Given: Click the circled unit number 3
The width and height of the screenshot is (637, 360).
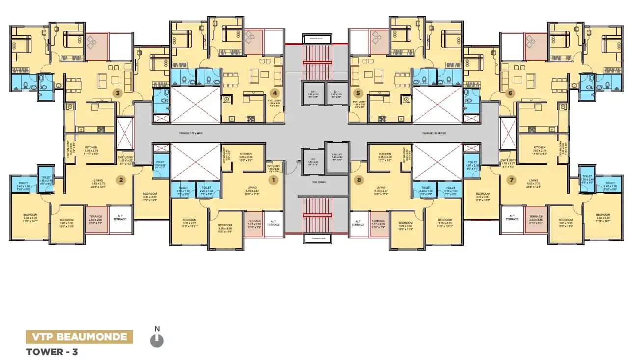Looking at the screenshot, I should click(x=117, y=92).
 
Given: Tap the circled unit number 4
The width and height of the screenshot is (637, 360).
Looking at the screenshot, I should click(x=275, y=93).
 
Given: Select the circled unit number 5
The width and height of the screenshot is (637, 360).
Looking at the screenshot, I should click(x=358, y=93).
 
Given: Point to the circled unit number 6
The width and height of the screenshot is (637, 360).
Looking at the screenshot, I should click(x=510, y=93).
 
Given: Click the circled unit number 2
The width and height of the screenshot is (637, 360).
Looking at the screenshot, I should click(x=120, y=180).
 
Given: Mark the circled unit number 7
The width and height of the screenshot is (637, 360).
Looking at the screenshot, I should click(x=512, y=180).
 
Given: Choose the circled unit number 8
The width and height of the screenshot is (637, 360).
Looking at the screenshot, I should click(x=360, y=180).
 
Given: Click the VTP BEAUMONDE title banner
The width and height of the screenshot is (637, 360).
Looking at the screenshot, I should click(x=80, y=337).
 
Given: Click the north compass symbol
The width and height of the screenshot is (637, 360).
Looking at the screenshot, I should click(x=157, y=339).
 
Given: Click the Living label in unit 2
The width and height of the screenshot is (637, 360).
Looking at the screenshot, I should click(x=98, y=181).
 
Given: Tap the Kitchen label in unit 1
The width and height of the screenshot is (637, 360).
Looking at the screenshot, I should click(x=246, y=154).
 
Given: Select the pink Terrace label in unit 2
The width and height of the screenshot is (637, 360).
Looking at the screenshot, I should click(x=95, y=216).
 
